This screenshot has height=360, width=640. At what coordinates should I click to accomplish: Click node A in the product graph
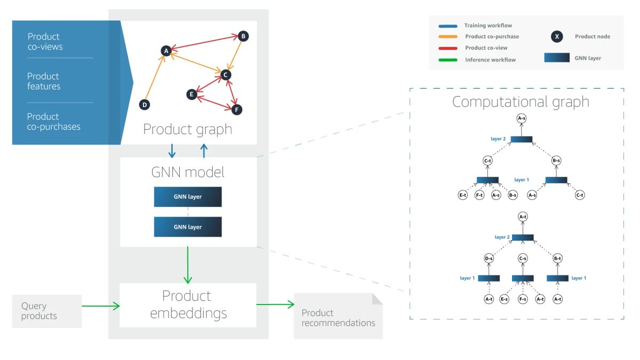(x=166, y=51)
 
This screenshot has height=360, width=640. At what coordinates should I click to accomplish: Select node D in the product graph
(x=144, y=105)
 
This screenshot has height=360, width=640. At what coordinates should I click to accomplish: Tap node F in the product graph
(x=237, y=109)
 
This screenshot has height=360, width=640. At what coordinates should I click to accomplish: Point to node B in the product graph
(x=243, y=36)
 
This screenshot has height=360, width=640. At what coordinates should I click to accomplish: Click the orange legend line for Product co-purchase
(x=447, y=37)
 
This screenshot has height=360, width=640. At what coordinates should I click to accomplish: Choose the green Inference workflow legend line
(x=447, y=60)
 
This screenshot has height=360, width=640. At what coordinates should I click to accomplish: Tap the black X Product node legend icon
(x=556, y=37)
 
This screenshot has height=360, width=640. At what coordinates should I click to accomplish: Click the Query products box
(x=47, y=311)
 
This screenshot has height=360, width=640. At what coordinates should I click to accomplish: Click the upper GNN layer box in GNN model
(x=188, y=197)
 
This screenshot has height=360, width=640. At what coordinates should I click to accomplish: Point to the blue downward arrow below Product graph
(x=172, y=151)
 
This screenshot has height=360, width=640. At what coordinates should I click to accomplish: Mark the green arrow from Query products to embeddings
(x=101, y=306)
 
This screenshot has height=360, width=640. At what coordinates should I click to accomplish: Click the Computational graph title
(x=521, y=102)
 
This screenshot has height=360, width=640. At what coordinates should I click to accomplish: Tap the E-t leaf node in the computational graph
(x=463, y=195)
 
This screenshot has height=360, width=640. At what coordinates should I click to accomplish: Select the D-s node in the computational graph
(x=488, y=259)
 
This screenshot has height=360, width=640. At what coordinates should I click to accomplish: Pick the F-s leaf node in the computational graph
(x=523, y=300)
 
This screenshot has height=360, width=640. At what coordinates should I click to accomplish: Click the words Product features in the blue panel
(x=44, y=81)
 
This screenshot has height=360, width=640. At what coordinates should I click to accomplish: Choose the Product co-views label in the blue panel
(x=45, y=42)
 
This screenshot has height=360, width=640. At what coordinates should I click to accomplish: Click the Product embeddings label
(x=188, y=305)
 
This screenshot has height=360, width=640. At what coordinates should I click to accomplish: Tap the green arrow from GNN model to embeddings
(x=188, y=265)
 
